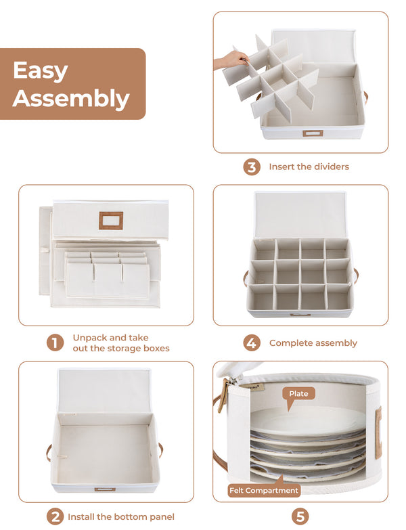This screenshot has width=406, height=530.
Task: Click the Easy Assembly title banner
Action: pos(72,84)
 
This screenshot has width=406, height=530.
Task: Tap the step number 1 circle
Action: pos(55,343)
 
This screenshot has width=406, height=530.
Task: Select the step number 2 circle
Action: pos(55,516)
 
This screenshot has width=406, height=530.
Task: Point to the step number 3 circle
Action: pos(252,167)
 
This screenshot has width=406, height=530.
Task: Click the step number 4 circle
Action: pos(252,343)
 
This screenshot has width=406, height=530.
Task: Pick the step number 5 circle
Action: pos(300,516)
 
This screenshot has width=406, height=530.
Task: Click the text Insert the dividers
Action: pos(309,167)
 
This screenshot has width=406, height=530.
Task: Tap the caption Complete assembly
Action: pos(313,343)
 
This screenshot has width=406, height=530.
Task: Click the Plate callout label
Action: pos(298,394)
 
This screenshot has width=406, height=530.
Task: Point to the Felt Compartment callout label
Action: pos(263,490)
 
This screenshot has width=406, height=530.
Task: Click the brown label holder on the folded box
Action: pos(111,221)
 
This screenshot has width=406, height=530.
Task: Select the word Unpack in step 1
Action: pos(90,338)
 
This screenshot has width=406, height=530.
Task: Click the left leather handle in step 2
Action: pos(49,452)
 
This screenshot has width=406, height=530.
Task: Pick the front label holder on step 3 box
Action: pos(313,133)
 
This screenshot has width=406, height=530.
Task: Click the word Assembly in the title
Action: pos(70,99)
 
